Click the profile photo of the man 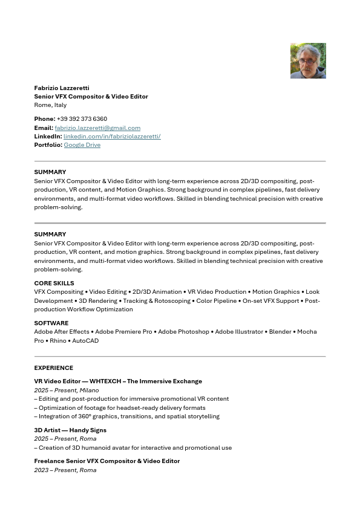[x=308, y=60]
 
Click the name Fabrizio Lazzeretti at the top [x=62, y=88]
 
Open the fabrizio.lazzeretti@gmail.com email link [x=97, y=128]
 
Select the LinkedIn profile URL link [x=112, y=136]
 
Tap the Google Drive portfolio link [x=82, y=145]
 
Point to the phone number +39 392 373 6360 [x=82, y=119]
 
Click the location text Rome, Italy [x=50, y=105]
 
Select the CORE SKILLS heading [x=54, y=283]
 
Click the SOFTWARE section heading [x=51, y=323]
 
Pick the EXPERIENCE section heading [x=53, y=368]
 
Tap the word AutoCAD [x=85, y=340]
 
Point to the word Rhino [x=58, y=340]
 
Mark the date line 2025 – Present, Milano [x=67, y=391]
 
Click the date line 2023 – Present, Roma [x=65, y=470]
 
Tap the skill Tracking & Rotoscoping [x=157, y=300]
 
